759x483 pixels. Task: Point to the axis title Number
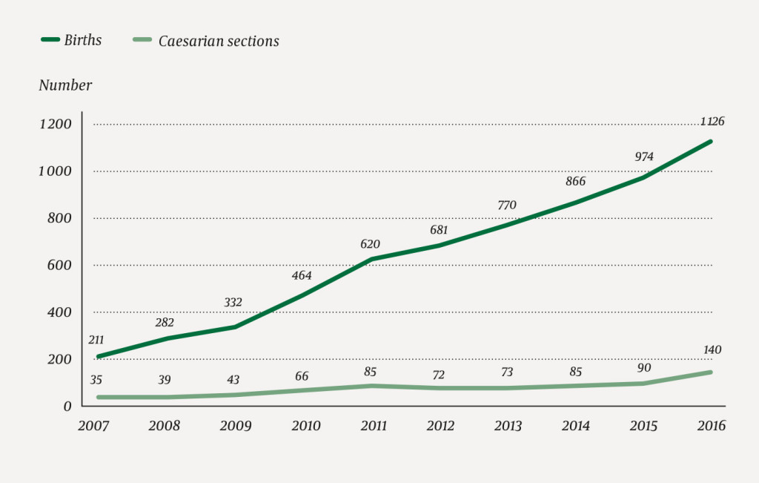pos(65,85)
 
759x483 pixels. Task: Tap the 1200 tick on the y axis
pos(55,124)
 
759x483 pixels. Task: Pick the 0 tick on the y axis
pos(67,406)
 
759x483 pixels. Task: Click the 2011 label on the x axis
pos(373,426)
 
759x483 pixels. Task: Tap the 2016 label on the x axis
pos(711,426)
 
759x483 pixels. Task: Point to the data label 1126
pos(710,122)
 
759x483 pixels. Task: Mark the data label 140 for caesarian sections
pos(710,350)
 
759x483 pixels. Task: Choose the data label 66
pos(302,376)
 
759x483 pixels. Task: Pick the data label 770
pos(507,205)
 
